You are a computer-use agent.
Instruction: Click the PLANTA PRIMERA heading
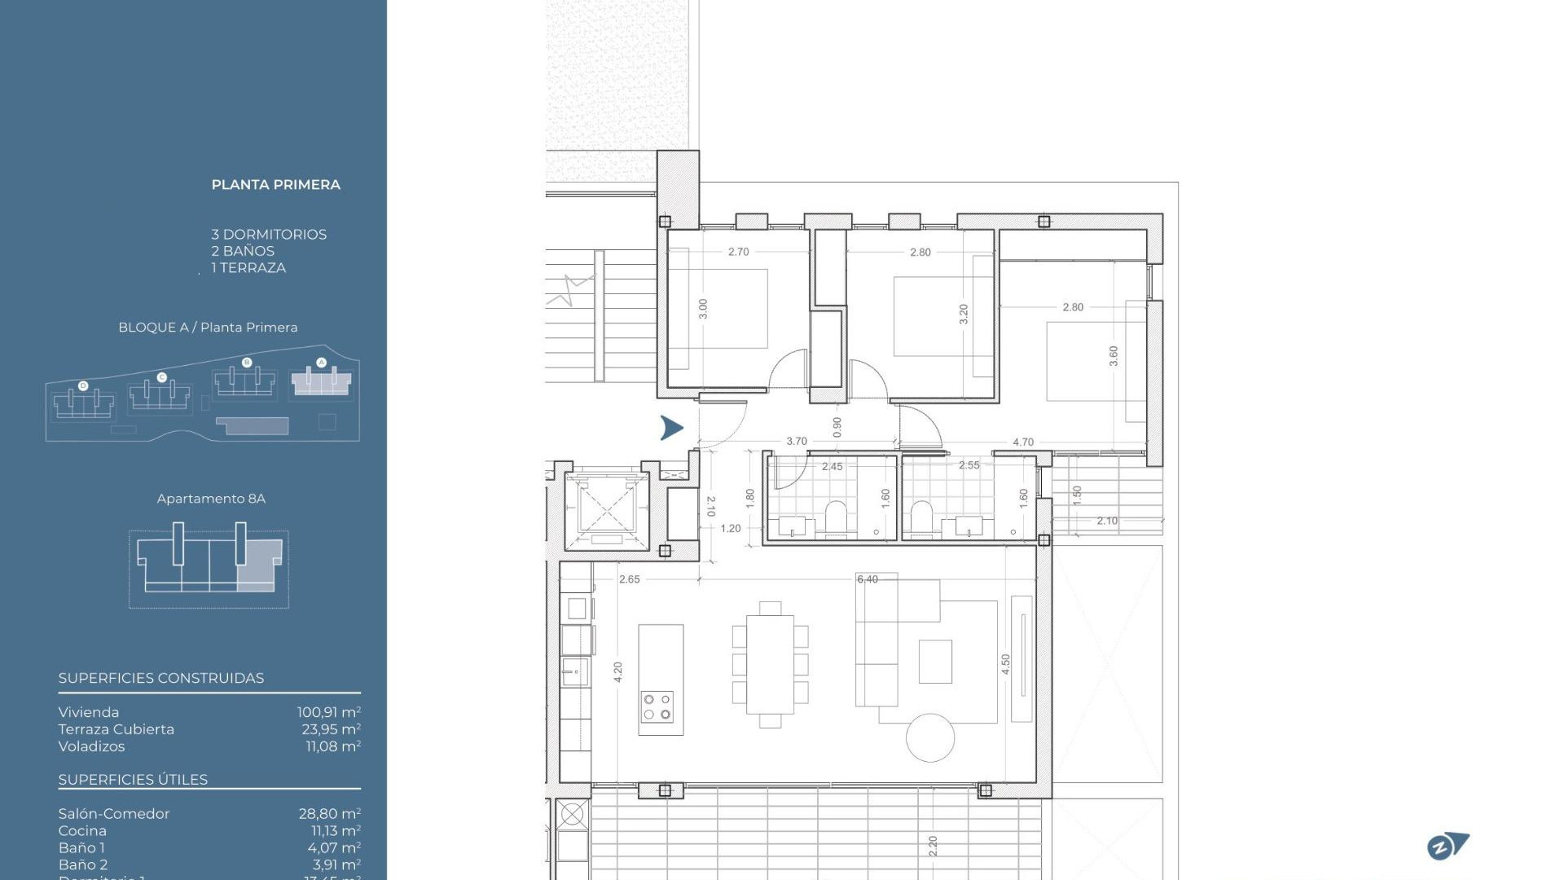(275, 185)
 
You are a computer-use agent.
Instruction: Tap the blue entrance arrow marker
(671, 428)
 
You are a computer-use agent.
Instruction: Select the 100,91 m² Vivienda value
(328, 712)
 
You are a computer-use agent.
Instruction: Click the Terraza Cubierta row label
(116, 729)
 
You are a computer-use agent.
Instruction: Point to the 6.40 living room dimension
(867, 579)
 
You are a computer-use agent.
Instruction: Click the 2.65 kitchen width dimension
(629, 579)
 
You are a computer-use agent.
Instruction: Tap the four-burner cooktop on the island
(657, 706)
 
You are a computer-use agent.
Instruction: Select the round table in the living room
(929, 737)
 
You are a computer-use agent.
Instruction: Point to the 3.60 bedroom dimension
(1114, 355)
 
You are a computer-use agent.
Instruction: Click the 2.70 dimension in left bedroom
(738, 252)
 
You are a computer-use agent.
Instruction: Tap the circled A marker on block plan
(321, 363)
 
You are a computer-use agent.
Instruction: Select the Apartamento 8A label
(211, 499)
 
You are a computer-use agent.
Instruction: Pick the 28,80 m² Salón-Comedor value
(329, 813)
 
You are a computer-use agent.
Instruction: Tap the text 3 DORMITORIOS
(269, 235)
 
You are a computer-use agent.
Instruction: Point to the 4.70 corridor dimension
(1022, 442)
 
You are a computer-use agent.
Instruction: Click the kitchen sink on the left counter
(575, 673)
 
